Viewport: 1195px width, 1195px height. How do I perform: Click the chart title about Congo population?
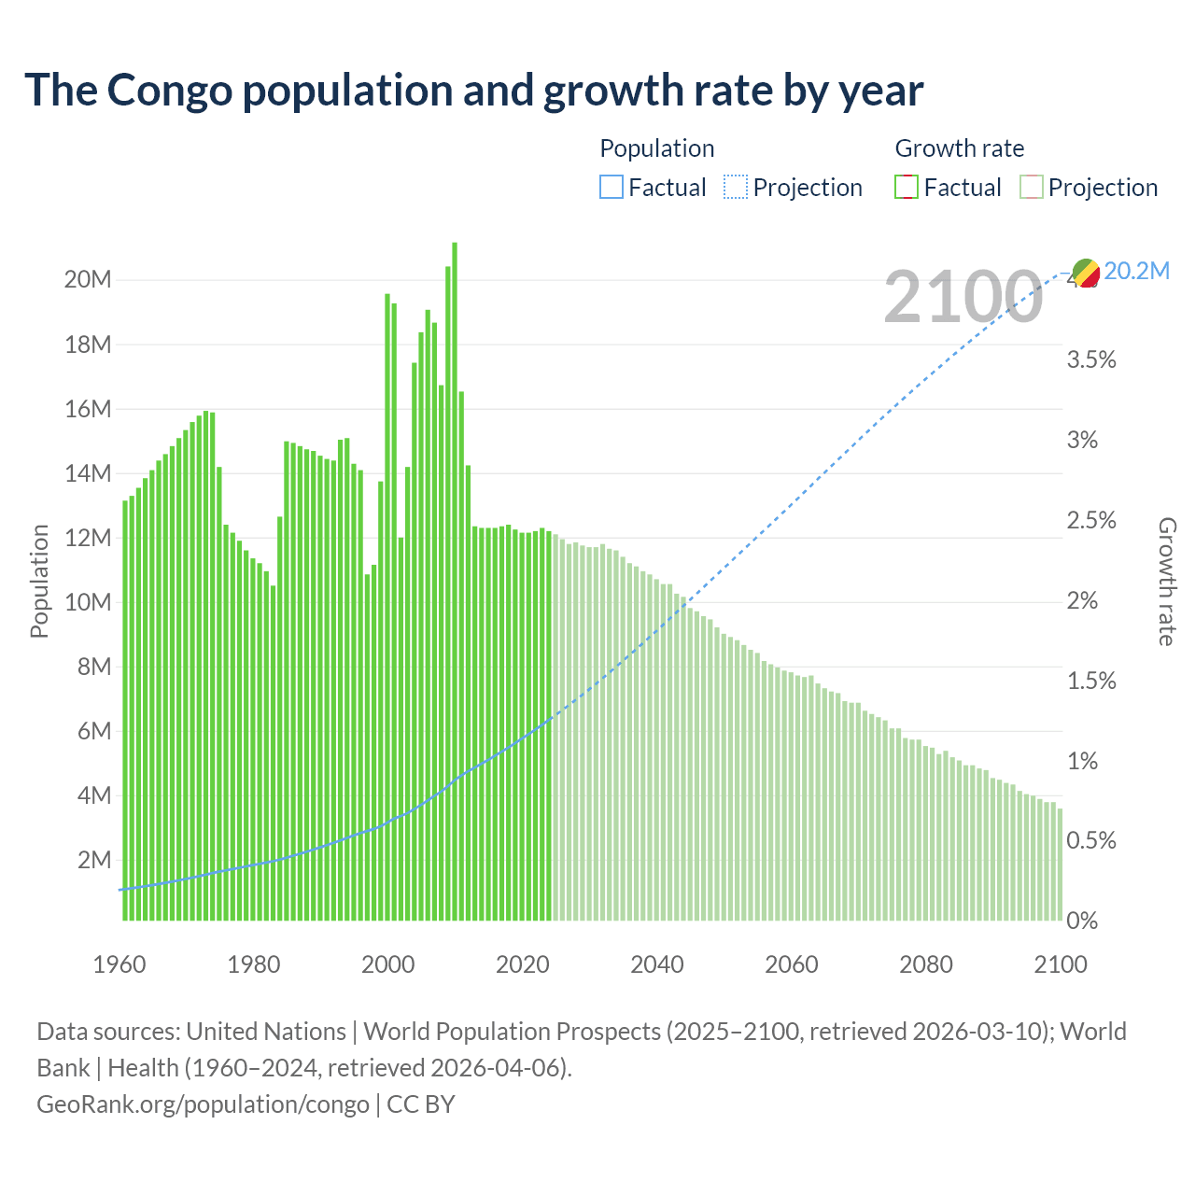(x=473, y=91)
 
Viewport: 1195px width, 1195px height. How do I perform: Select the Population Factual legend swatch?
(x=611, y=188)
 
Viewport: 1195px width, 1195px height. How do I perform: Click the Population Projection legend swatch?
(x=735, y=188)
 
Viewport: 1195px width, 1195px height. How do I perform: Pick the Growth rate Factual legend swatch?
(x=906, y=188)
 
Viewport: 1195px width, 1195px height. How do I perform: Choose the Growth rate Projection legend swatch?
(x=1031, y=188)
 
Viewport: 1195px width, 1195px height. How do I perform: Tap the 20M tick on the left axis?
(x=88, y=280)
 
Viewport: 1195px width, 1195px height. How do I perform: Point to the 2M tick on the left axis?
(x=94, y=860)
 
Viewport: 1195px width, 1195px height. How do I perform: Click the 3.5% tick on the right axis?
(x=1091, y=360)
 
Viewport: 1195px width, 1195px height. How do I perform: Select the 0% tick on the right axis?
(x=1082, y=921)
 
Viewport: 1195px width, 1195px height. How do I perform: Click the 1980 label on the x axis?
(x=254, y=964)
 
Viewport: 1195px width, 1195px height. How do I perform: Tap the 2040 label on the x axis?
(x=657, y=964)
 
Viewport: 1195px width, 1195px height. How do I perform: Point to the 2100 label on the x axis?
(x=1061, y=964)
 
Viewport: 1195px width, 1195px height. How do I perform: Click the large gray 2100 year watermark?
(x=963, y=297)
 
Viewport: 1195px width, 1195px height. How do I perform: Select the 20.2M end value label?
(x=1136, y=272)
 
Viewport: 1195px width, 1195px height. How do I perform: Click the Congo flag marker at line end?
(x=1086, y=273)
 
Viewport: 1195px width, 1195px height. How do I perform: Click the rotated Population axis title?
(x=39, y=581)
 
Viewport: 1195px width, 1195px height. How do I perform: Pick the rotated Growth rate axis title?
(x=1167, y=581)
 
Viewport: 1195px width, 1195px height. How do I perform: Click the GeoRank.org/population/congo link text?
(x=203, y=1104)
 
